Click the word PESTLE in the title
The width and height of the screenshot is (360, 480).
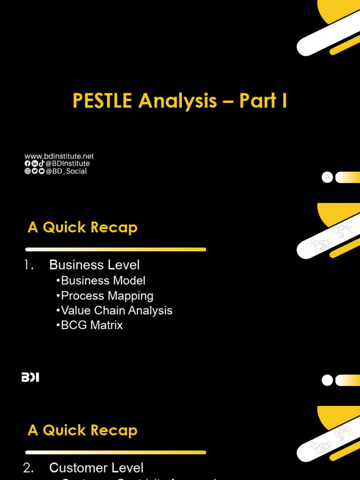pyautogui.click(x=102, y=101)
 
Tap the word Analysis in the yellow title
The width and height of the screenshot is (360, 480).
pyautogui.click(x=178, y=101)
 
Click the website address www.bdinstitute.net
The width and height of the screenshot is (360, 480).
pyautogui.click(x=59, y=156)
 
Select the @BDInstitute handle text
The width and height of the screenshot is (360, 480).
pyautogui.click(x=68, y=164)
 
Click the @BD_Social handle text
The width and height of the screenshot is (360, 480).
pyautogui.click(x=67, y=171)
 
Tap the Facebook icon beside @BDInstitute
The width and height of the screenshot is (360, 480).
pyautogui.click(x=28, y=164)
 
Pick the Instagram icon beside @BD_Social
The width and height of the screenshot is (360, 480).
pyautogui.click(x=28, y=171)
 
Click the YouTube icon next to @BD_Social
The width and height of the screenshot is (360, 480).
pyautogui.click(x=42, y=171)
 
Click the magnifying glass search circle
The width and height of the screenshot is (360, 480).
pyautogui.click(x=327, y=177)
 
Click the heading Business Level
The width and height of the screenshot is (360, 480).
pyautogui.click(x=94, y=265)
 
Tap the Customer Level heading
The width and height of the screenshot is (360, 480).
pyautogui.click(x=96, y=468)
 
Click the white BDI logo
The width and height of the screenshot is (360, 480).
pyautogui.click(x=30, y=377)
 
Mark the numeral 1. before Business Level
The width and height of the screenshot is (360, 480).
pyautogui.click(x=29, y=265)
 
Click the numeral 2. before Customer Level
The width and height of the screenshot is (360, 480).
pyautogui.click(x=29, y=468)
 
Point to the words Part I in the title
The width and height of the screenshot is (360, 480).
pyautogui.click(x=263, y=101)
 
